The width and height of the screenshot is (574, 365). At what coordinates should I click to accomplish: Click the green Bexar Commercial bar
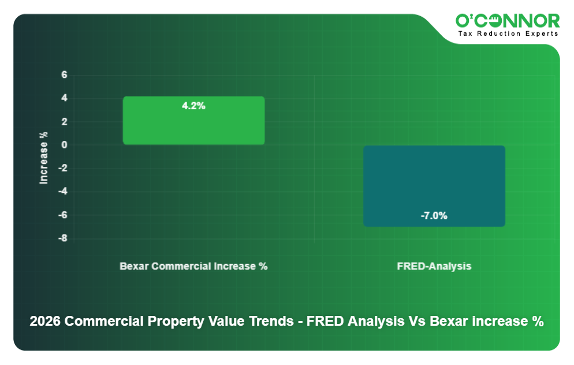click(x=193, y=124)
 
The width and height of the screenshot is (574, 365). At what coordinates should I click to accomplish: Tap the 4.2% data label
click(x=193, y=106)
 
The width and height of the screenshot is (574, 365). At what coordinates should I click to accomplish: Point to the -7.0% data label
click(x=434, y=216)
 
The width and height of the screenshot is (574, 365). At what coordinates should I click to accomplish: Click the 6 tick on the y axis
click(x=65, y=75)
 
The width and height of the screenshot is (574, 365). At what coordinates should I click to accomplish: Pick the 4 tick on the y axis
click(x=65, y=99)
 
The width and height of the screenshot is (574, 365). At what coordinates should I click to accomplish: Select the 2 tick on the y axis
click(x=65, y=122)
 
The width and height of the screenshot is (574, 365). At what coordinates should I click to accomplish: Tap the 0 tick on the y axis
click(x=65, y=145)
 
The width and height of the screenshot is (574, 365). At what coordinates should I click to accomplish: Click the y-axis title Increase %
click(x=43, y=158)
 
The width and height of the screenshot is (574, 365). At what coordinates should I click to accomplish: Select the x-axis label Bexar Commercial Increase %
click(x=193, y=266)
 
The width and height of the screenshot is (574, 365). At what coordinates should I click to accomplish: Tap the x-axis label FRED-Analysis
click(x=434, y=266)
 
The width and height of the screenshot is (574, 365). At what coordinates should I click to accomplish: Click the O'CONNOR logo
click(x=508, y=21)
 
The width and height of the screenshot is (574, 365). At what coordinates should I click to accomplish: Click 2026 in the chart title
click(x=46, y=322)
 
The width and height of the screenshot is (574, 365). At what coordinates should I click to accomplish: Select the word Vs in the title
click(x=417, y=322)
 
